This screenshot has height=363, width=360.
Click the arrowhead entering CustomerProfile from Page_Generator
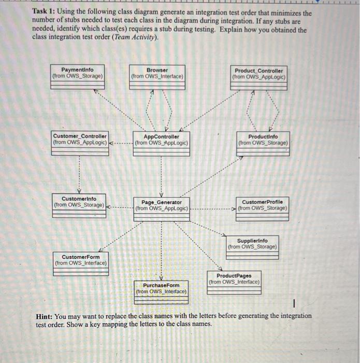[234, 208]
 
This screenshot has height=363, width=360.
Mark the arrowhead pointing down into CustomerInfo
[79, 190]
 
